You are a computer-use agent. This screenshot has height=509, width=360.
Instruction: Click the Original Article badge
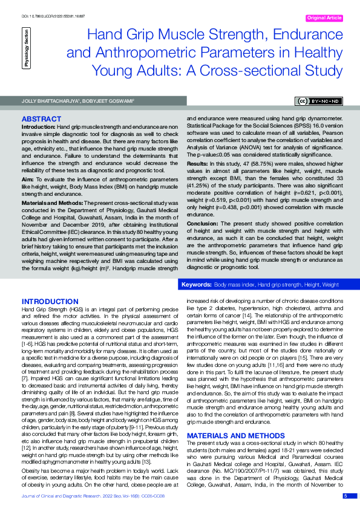pos(325,18)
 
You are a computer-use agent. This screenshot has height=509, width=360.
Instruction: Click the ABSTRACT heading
pos(41,119)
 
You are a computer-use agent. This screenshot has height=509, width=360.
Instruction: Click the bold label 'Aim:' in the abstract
pos(28,179)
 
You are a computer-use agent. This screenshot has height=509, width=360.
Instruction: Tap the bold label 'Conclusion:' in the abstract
pos(202,239)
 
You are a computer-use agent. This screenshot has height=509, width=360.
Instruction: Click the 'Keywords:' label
pos(196,284)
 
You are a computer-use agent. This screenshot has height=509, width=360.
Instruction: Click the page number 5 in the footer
pos(345,496)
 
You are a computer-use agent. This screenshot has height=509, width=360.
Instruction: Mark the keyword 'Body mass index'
pos(234,284)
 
